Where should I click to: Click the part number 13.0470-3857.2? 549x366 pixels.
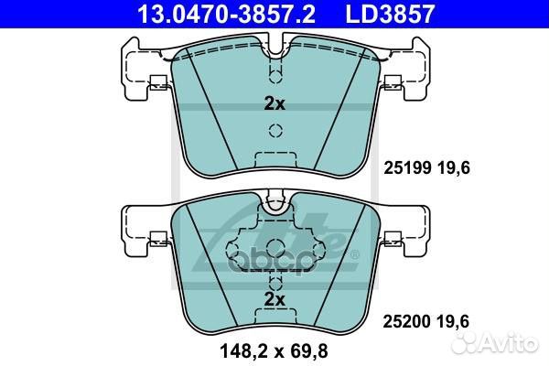(227, 14)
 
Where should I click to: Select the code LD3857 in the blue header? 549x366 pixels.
(390, 14)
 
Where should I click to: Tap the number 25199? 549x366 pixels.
(407, 168)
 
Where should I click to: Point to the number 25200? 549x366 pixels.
(407, 321)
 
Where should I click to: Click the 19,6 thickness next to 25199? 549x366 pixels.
(454, 168)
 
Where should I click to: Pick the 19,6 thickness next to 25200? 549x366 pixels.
(453, 321)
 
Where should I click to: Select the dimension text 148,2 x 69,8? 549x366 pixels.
(274, 350)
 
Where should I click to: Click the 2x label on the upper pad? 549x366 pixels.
(274, 103)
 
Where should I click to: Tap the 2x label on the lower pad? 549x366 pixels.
(274, 299)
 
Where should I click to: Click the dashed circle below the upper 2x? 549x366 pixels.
(275, 131)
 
